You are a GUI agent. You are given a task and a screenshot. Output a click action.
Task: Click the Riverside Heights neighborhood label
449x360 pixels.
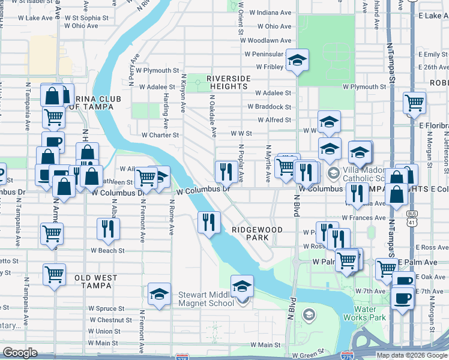point(227,82)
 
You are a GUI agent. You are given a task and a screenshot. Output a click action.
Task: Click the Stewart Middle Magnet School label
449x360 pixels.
point(206,299)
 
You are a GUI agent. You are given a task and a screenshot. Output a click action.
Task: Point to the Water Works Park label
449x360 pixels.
point(360,314)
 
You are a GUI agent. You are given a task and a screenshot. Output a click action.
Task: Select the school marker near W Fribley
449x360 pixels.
point(297,60)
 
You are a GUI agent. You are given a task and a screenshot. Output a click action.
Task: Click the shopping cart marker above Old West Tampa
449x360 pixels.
point(54,275)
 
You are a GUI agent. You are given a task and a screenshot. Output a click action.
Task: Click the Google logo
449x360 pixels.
point(20,353)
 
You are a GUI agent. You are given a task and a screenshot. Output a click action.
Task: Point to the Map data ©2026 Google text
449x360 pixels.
point(412,355)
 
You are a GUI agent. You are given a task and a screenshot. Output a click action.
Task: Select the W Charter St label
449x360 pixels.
point(160,135)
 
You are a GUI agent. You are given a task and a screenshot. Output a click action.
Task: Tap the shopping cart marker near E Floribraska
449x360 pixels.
point(414,104)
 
